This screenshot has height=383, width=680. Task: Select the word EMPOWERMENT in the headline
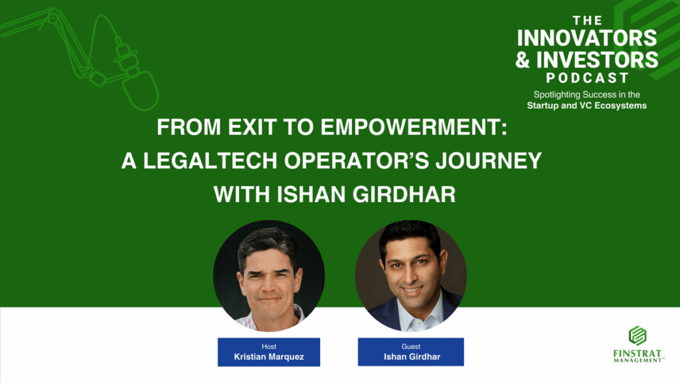414,127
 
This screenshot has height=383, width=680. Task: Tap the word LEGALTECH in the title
211,161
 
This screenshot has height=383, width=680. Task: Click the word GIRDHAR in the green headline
404,194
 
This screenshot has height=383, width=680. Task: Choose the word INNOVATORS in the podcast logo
587,38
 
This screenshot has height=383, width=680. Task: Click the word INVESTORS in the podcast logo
597,59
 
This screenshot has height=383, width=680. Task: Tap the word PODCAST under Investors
587,78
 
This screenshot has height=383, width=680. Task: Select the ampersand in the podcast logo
523,59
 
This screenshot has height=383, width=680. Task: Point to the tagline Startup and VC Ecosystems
587,106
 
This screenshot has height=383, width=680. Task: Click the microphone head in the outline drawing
140,90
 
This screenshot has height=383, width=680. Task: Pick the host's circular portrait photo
269,276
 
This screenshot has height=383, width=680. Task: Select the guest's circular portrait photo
410,276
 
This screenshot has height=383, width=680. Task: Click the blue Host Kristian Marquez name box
269,352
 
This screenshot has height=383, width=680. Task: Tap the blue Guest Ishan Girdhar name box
410,352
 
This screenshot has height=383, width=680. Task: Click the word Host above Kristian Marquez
269,346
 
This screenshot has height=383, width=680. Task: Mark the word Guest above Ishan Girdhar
410,346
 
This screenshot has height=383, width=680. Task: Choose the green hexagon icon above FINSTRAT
637,336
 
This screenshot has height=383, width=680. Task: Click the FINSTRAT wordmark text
637,354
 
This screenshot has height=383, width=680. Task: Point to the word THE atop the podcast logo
587,21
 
